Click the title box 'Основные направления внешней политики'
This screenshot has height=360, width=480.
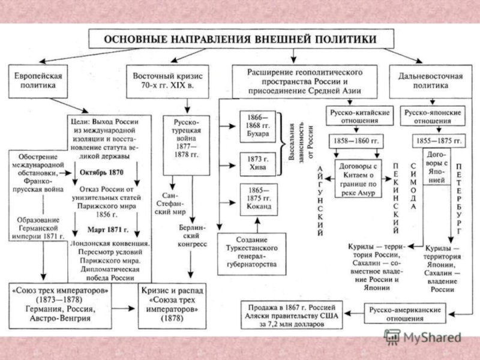pos(242,40)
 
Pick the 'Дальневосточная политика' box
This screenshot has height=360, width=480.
pos(430,81)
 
